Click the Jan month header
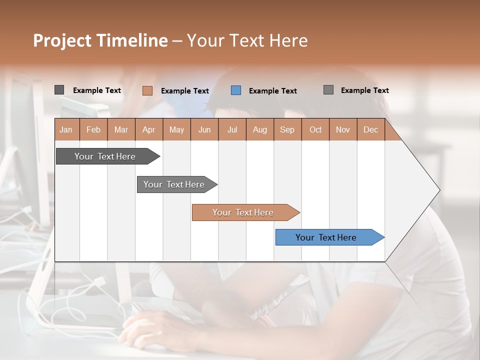pyautogui.click(x=66, y=129)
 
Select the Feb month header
pyautogui.click(x=93, y=129)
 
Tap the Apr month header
pyautogui.click(x=148, y=129)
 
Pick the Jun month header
pyautogui.click(x=204, y=129)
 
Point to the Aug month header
pyautogui.click(x=259, y=129)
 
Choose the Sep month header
pyautogui.click(x=287, y=129)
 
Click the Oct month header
pyautogui.click(x=315, y=129)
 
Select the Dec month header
pyautogui.click(x=370, y=129)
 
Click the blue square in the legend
pyautogui.click(x=236, y=90)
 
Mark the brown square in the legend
pyautogui.click(x=147, y=90)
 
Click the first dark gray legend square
pyautogui.click(x=59, y=90)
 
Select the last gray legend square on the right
pyautogui.click(x=328, y=90)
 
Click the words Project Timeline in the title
pyautogui.click(x=100, y=40)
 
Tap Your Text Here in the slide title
pyautogui.click(x=247, y=40)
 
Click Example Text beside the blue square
pyautogui.click(x=272, y=91)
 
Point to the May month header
pyautogui.click(x=176, y=129)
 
